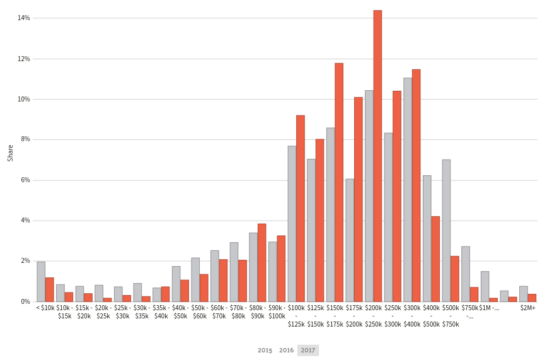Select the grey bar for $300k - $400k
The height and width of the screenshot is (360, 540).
click(407, 189)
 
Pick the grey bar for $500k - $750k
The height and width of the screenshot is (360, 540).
click(446, 230)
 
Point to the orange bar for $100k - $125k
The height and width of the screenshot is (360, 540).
click(301, 208)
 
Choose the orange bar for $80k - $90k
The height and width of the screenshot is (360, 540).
click(261, 262)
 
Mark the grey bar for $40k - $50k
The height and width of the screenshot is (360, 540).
click(176, 284)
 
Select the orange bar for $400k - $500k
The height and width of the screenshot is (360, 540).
click(435, 258)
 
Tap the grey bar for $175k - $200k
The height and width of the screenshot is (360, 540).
click(350, 240)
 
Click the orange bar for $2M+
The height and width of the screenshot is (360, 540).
click(532, 298)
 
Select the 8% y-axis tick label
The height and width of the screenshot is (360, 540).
click(25, 139)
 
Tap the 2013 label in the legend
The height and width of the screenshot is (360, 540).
click(265, 349)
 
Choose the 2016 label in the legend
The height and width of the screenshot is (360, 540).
click(286, 349)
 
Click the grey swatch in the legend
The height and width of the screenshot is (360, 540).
click(308, 350)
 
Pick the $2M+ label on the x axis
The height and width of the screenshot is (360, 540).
click(527, 308)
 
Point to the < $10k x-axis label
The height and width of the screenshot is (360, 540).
click(45, 308)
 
